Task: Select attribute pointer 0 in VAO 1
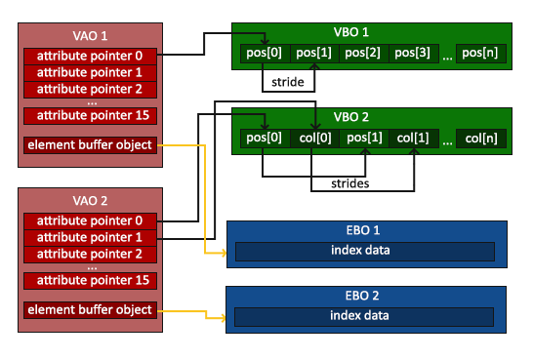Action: (x=89, y=56)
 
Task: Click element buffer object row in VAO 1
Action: (x=89, y=146)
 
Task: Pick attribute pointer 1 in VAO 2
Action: (x=89, y=237)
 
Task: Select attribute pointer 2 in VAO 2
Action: (x=89, y=254)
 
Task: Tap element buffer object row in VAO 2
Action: (x=89, y=310)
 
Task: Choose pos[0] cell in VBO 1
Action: (x=263, y=53)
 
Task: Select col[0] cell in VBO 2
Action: (x=314, y=138)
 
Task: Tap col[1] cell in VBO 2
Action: (x=415, y=138)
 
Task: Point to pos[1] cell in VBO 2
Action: (x=365, y=138)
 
